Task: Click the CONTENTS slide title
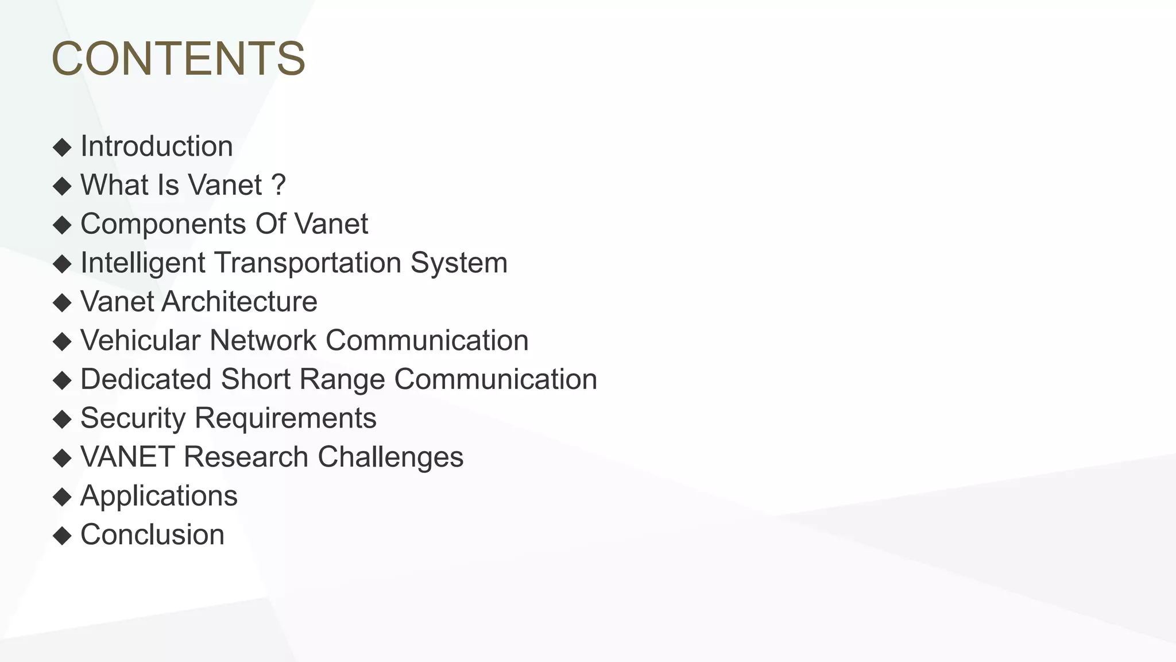[178, 59]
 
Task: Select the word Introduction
[156, 147]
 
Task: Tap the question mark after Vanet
[278, 185]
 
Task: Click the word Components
[163, 224]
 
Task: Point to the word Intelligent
[143, 263]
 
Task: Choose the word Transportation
[308, 263]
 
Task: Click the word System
[459, 263]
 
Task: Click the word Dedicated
[146, 379]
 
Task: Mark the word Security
[133, 418]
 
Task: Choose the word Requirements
[285, 418]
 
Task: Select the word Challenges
[390, 457]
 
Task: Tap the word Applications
[158, 496]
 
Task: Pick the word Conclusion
[152, 534]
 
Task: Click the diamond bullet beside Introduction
[62, 147]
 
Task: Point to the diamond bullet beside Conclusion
[62, 536]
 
